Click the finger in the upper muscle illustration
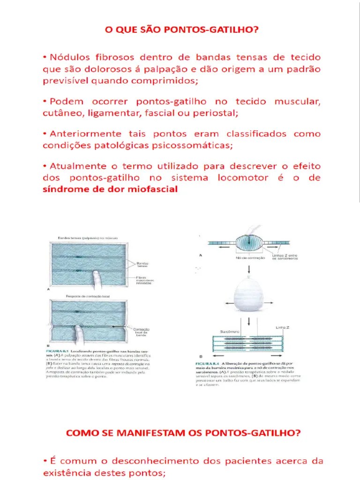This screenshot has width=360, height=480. pyautogui.click(x=97, y=280)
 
